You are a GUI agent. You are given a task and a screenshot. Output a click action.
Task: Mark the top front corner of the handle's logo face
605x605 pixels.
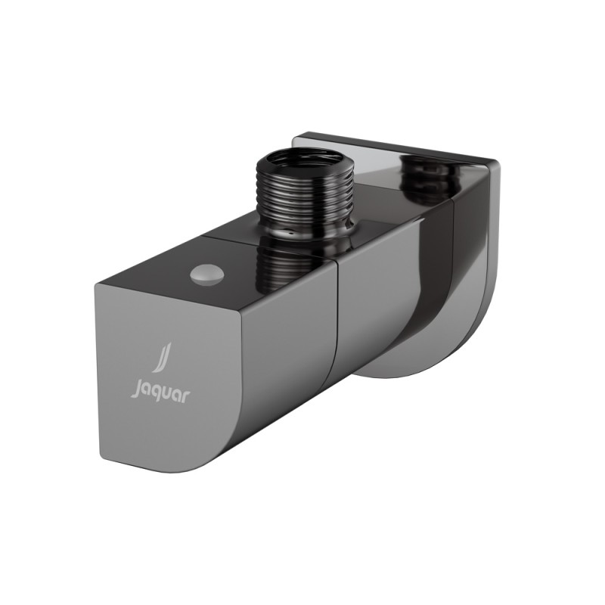98,285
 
